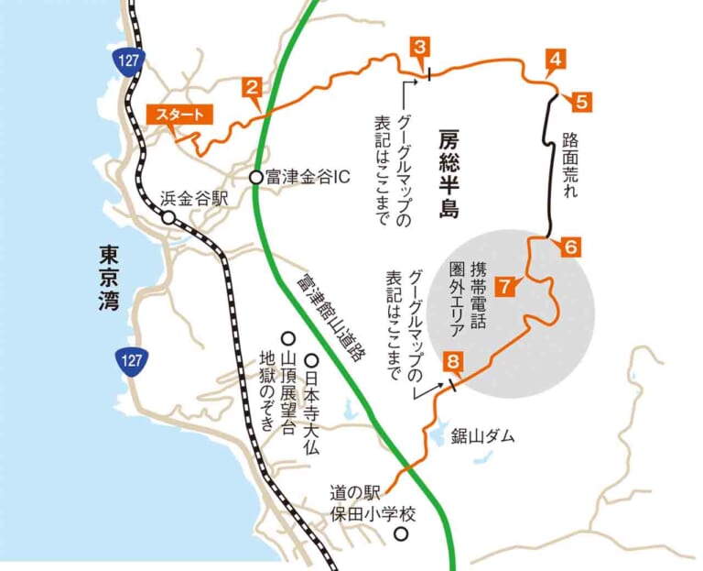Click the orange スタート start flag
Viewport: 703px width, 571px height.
[179, 115]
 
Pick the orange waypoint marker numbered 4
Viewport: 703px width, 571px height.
[553, 60]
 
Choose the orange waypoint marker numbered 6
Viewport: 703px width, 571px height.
[568, 247]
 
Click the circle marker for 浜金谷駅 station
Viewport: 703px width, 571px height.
[168, 217]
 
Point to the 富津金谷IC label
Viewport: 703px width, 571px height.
[303, 177]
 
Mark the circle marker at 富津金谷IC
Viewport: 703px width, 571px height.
[257, 177]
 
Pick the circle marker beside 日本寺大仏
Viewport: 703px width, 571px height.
[310, 361]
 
